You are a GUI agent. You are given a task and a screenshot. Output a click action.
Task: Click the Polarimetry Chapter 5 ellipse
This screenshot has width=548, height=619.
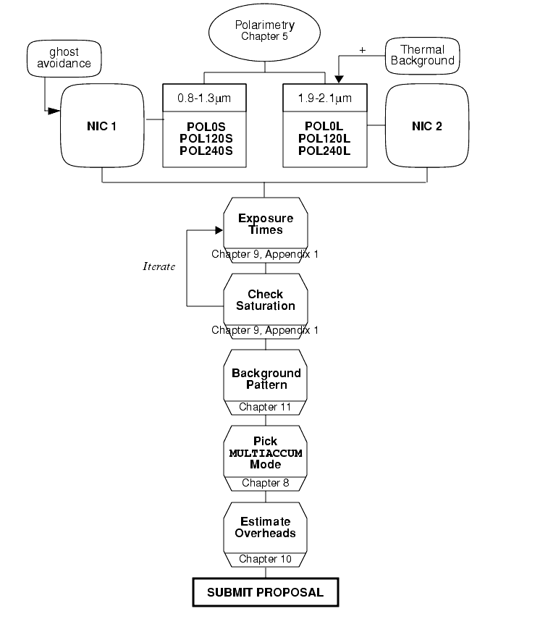(x=264, y=33)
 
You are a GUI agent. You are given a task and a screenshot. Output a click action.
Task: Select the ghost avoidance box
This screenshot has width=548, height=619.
(x=64, y=58)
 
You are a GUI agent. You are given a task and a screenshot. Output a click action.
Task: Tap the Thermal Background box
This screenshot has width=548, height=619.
(x=423, y=56)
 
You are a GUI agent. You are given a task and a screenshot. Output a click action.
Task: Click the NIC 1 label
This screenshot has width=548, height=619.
(x=101, y=126)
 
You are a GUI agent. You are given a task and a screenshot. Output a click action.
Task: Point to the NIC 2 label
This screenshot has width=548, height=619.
(x=427, y=126)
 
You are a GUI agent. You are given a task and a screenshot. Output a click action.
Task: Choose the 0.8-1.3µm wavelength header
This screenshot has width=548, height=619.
(x=204, y=98)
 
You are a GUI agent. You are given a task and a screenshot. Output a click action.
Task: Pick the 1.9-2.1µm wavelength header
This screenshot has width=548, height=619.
(x=325, y=98)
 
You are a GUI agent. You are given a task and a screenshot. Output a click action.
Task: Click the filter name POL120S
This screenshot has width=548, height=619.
(x=206, y=138)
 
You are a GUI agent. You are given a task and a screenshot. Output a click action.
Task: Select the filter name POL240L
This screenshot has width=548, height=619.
(x=324, y=151)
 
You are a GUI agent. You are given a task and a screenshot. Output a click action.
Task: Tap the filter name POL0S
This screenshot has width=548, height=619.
(x=206, y=127)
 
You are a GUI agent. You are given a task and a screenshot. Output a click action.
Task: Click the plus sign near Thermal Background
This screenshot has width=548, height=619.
(x=363, y=50)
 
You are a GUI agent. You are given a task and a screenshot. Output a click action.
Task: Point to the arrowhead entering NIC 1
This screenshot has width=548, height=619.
(x=54, y=111)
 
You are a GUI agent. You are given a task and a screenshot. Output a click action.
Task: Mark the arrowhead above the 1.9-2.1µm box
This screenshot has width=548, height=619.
(x=339, y=80)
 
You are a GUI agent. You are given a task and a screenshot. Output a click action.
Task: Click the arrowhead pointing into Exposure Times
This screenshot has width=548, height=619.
(x=219, y=230)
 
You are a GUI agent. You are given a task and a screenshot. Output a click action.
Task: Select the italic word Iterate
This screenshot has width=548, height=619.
(x=159, y=266)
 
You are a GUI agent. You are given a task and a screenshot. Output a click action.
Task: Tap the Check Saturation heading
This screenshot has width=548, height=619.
(x=266, y=300)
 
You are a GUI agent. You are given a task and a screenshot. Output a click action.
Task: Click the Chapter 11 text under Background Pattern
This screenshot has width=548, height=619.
(x=265, y=407)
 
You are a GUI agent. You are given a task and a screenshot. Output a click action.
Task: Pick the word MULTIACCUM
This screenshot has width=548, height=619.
(x=266, y=453)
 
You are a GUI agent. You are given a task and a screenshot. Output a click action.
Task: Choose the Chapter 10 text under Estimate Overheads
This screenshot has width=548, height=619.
(x=265, y=559)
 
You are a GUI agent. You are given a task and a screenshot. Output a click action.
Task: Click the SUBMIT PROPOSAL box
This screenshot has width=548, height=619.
(x=266, y=592)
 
